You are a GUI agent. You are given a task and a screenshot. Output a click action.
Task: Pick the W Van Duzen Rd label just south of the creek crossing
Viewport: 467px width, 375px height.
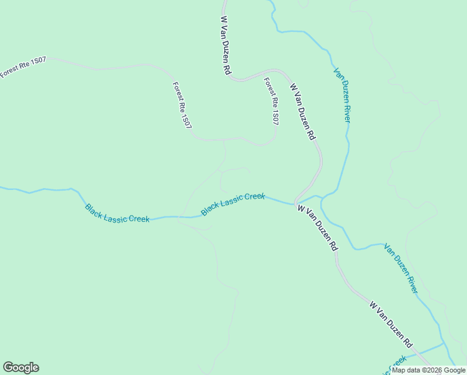(x=317, y=227)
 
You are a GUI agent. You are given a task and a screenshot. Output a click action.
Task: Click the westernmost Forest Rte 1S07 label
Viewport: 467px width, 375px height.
(x=23, y=67)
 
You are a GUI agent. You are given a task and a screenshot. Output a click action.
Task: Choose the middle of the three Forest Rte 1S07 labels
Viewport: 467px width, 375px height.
(x=182, y=106)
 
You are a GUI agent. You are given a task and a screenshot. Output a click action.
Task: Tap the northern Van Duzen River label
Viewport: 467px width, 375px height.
(x=342, y=94)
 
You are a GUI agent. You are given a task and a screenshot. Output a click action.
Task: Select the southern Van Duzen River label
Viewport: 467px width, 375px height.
(x=401, y=268)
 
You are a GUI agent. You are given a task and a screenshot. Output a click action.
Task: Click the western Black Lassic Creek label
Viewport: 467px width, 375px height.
(x=117, y=213)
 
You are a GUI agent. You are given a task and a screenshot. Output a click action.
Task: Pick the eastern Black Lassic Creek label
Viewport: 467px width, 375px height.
(x=233, y=204)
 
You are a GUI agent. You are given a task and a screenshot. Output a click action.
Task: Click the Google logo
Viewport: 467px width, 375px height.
(x=21, y=367)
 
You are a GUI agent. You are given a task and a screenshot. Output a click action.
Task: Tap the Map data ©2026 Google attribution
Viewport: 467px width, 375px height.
(x=429, y=370)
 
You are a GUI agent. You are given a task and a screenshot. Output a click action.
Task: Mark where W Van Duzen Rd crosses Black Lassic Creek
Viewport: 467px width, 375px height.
(x=295, y=203)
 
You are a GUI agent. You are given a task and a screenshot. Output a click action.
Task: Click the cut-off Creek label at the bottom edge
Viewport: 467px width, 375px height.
(x=397, y=363)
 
